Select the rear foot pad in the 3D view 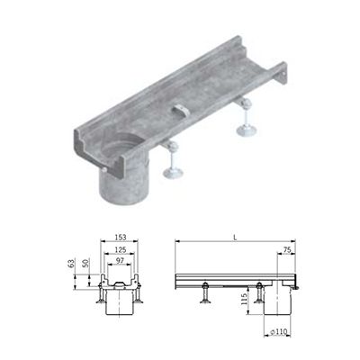pos(246,130)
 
